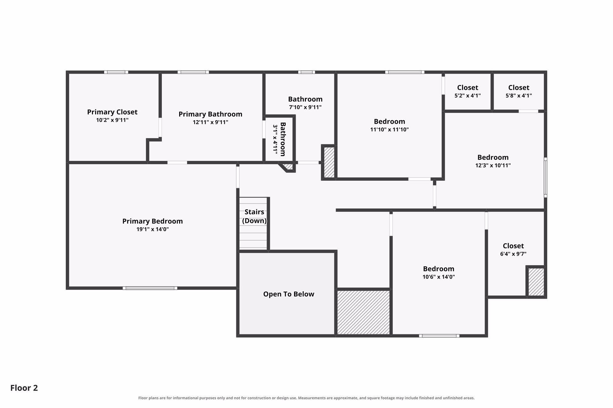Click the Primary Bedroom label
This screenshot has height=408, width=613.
click(153, 221)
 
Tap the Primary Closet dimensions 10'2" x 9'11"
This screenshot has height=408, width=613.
click(112, 120)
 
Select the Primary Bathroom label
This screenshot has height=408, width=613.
click(210, 114)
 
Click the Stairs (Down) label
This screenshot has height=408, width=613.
click(254, 216)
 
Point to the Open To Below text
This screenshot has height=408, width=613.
click(289, 294)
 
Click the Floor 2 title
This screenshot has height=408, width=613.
click(24, 388)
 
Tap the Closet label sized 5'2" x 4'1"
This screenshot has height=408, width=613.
click(468, 87)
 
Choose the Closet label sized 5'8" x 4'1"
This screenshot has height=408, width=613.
click(519, 87)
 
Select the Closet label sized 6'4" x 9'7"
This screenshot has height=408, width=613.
click(513, 246)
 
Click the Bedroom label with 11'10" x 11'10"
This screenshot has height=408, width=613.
click(390, 121)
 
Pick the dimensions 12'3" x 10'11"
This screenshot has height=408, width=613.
click(493, 165)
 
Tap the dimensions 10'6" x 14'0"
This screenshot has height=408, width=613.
click(439, 277)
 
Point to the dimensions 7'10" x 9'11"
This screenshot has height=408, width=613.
click(305, 107)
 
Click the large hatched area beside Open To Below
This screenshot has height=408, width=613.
click(364, 312)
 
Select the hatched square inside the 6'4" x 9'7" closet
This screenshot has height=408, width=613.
click(536, 282)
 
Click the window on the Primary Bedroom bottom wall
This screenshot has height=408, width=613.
click(150, 288)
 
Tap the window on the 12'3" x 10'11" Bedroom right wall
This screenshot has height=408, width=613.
click(546, 178)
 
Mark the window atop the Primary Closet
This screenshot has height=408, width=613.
click(116, 72)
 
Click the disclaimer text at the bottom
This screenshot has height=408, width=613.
click(306, 398)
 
